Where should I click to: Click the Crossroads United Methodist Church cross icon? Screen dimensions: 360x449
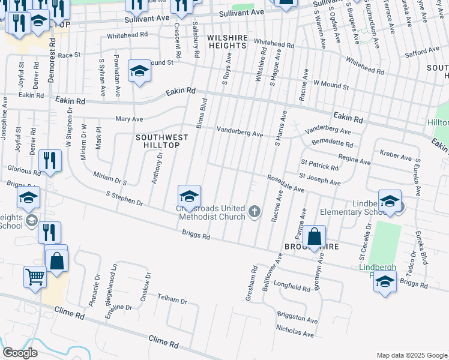255,211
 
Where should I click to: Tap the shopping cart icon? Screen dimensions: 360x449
35,277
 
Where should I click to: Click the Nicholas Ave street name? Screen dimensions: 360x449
295,331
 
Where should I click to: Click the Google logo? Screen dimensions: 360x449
20,353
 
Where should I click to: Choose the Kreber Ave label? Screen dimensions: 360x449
397,157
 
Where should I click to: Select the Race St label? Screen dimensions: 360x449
69,55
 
